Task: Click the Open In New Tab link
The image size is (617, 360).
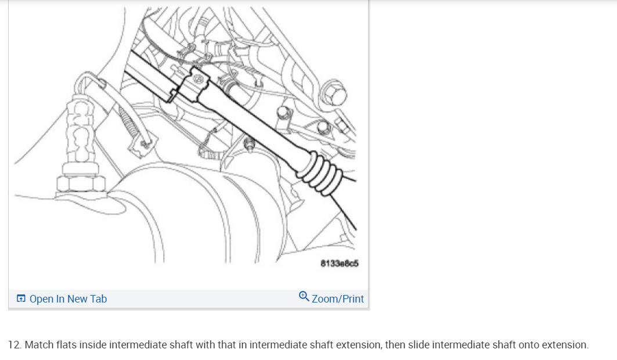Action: click(62, 299)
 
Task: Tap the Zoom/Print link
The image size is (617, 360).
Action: click(331, 298)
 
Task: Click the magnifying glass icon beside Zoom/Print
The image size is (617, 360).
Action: click(304, 296)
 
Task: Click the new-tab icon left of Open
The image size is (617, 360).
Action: click(21, 298)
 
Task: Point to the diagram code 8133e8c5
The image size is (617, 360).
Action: click(339, 263)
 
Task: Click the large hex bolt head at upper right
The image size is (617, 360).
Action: click(334, 93)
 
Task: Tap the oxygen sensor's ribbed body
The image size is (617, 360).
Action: click(81, 130)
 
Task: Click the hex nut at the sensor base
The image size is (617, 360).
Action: click(81, 183)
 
